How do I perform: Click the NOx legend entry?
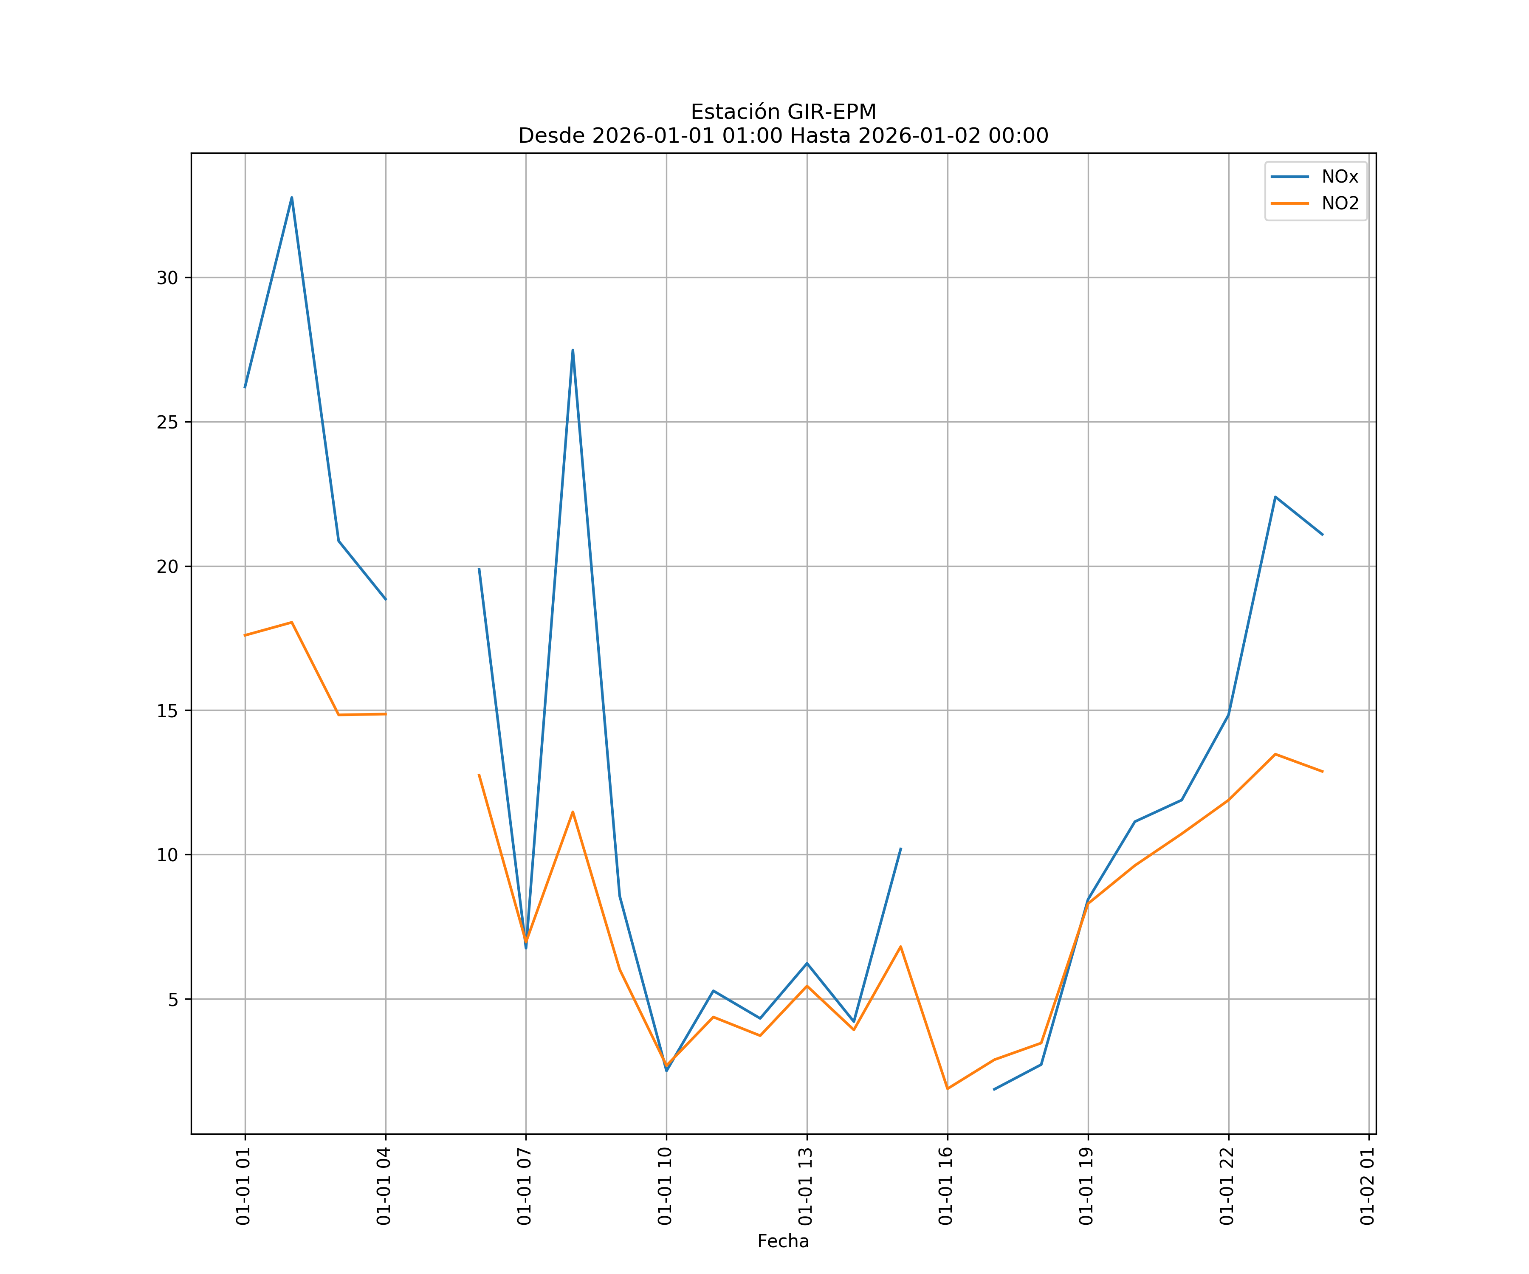coord(1339,177)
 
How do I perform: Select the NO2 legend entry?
coord(1340,204)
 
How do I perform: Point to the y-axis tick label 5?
coord(172,1000)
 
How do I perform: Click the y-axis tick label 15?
coord(167,710)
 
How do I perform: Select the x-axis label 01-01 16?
coord(946,1186)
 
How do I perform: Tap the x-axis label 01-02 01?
coord(1367,1186)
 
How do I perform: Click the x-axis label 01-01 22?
coord(1227,1186)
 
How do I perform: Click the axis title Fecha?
coord(783,1241)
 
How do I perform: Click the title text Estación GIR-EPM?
coord(783,112)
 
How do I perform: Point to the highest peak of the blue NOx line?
coord(291,197)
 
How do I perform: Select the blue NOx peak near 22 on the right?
coord(1275,496)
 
